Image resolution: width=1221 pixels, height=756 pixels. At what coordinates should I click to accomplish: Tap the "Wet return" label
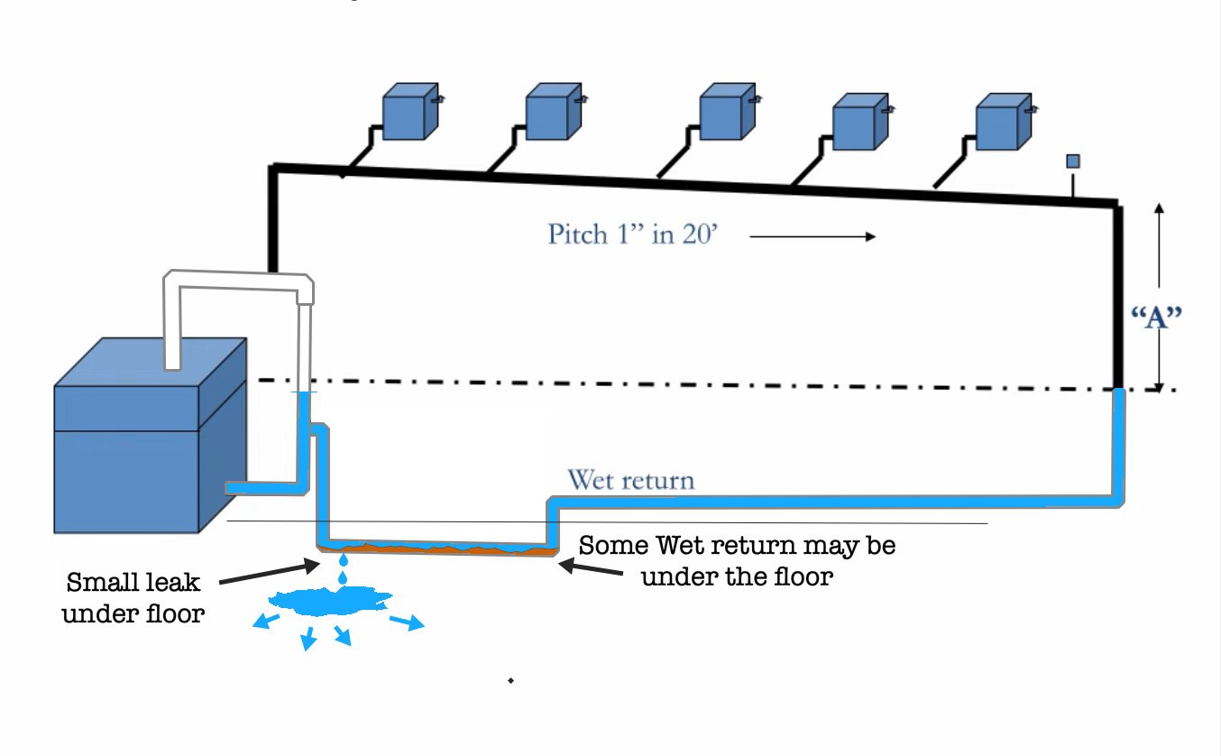click(x=630, y=479)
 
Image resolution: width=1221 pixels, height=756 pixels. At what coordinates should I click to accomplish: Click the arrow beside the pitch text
click(x=812, y=237)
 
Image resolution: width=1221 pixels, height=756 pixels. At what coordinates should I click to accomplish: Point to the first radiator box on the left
click(x=409, y=113)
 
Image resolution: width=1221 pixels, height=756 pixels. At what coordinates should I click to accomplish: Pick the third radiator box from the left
click(x=726, y=114)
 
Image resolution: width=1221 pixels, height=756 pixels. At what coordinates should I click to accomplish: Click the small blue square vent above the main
click(x=1073, y=161)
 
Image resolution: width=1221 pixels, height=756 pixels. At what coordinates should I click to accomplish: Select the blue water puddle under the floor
click(x=331, y=599)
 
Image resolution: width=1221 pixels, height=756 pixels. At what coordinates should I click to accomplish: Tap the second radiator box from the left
click(x=552, y=112)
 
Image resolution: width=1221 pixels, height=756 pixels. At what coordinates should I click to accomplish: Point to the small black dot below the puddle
click(x=510, y=680)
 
